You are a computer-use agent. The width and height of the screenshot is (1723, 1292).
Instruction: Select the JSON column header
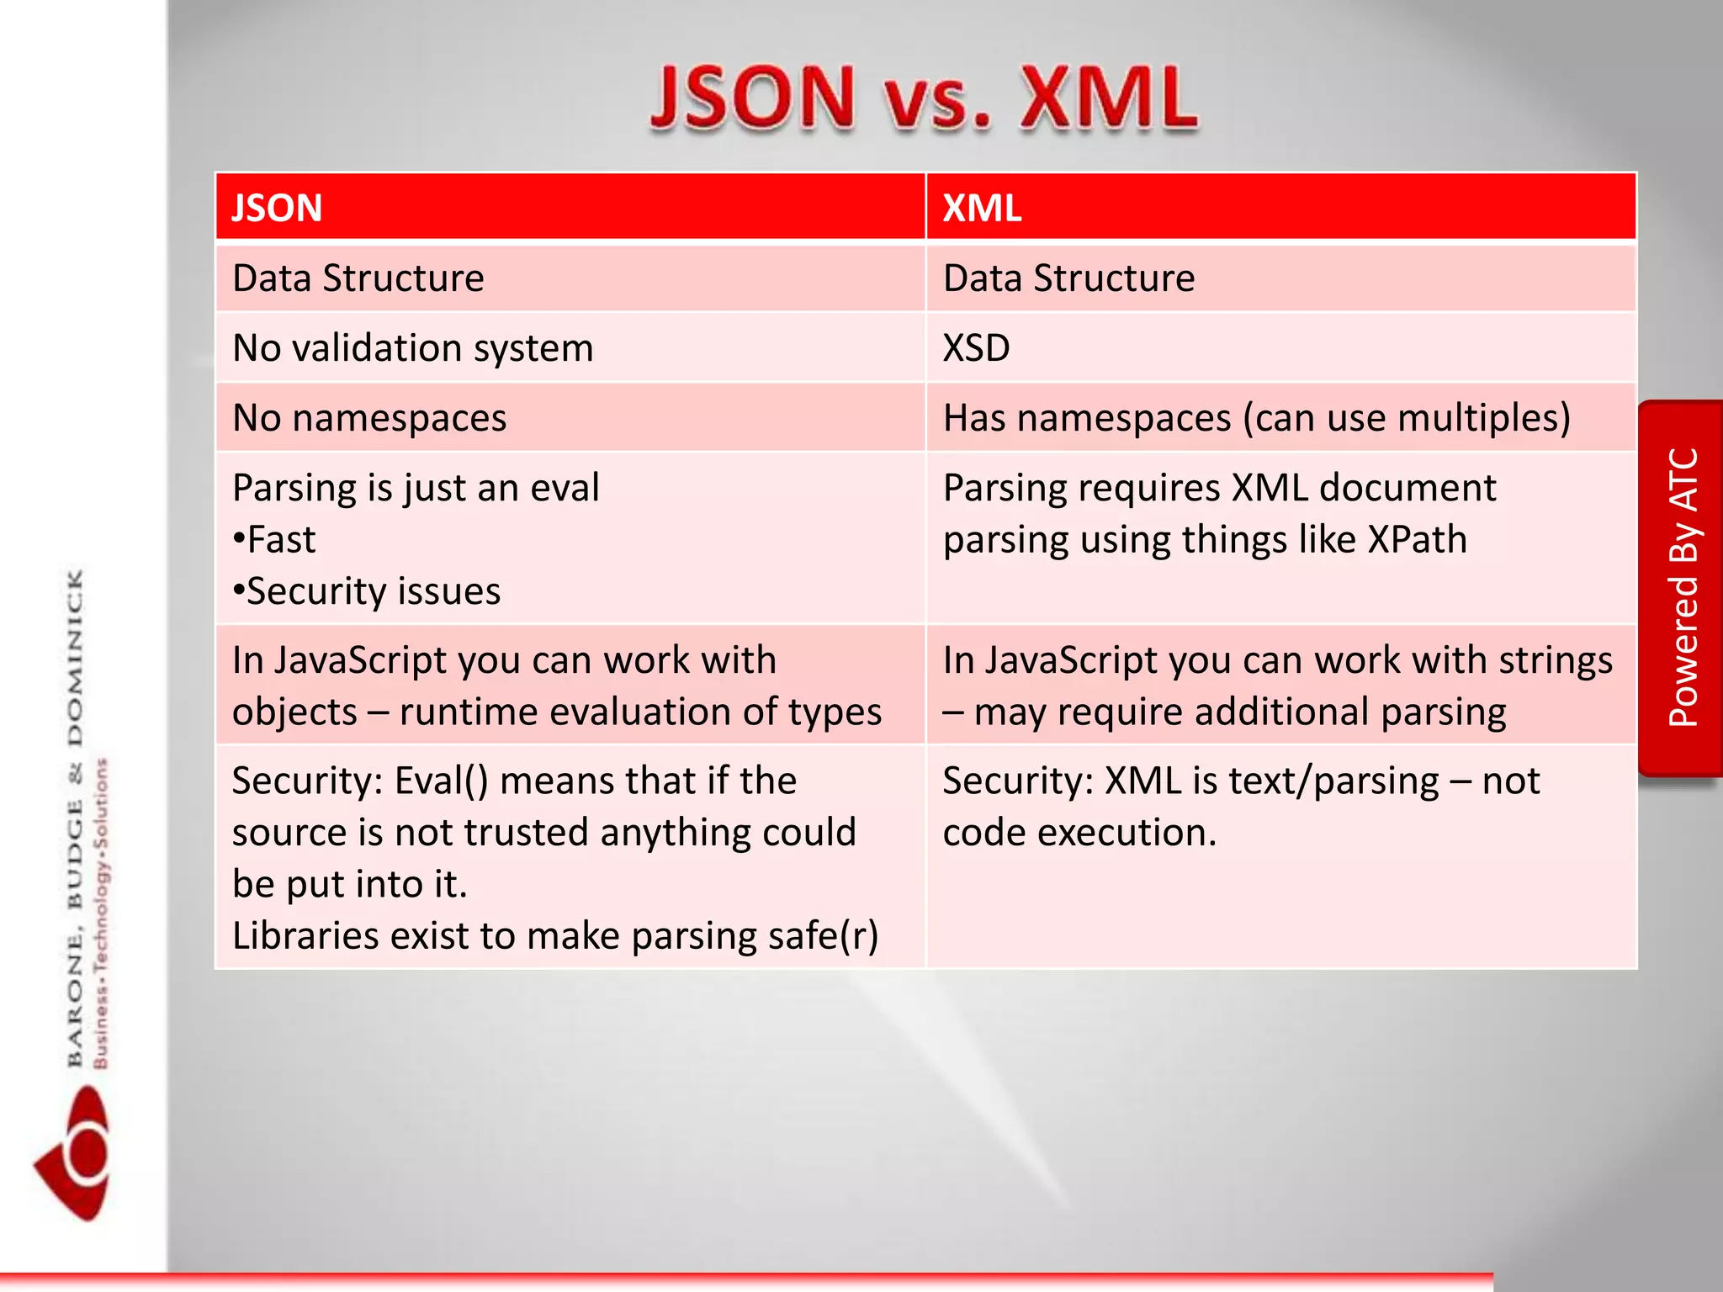click(x=277, y=208)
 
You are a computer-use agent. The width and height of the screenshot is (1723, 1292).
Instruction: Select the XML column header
click(x=982, y=208)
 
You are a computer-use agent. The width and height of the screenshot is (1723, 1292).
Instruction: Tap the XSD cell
click(x=976, y=347)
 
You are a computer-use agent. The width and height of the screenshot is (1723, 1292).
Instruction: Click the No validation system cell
click(x=412, y=347)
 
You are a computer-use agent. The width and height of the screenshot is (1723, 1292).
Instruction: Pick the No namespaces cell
click(x=369, y=417)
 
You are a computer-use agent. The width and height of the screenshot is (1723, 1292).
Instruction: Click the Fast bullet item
click(x=275, y=539)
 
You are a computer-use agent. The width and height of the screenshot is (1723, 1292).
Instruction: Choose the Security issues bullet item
click(x=368, y=591)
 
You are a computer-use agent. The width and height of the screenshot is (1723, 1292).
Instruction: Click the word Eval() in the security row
click(x=441, y=781)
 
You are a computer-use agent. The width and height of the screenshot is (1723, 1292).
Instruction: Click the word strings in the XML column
click(x=1556, y=660)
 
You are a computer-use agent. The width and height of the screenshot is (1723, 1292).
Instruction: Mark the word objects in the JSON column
click(x=294, y=712)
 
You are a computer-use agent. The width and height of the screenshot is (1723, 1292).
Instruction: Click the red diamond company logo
click(x=73, y=1152)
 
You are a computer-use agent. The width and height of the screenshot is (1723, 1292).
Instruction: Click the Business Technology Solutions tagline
click(x=101, y=913)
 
